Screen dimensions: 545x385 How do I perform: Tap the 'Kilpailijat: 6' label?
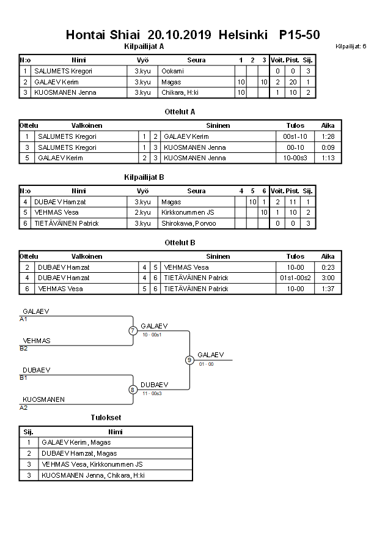click(x=351, y=46)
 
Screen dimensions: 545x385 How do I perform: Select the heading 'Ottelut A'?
click(x=180, y=111)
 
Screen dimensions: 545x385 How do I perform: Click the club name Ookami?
click(x=173, y=71)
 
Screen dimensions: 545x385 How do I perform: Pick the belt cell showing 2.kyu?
click(x=143, y=212)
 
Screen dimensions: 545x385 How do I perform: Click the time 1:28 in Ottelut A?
click(x=328, y=136)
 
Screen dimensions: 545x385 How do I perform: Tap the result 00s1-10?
click(x=295, y=136)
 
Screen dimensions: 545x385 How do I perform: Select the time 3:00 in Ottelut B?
click(x=328, y=278)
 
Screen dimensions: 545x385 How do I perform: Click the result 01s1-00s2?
click(x=295, y=278)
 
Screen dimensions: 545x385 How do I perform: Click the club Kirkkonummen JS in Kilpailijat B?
click(x=188, y=212)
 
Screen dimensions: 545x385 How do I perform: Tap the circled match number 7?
click(x=133, y=331)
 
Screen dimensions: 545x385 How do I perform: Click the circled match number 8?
click(x=133, y=390)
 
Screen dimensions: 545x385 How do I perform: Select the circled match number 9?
click(x=189, y=360)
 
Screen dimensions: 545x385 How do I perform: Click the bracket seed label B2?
click(x=24, y=349)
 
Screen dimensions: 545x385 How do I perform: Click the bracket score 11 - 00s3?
click(x=152, y=393)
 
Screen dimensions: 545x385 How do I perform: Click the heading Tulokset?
click(x=106, y=418)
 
